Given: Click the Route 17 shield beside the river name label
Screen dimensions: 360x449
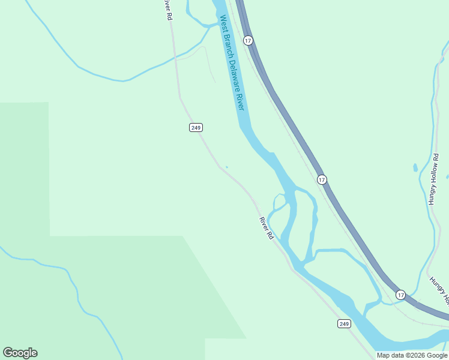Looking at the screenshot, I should click(x=248, y=40).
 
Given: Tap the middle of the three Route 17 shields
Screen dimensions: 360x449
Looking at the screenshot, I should click(x=322, y=179).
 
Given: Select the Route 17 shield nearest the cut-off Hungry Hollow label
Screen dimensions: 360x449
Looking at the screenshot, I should click(x=400, y=295).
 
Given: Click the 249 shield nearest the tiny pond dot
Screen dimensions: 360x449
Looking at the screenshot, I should click(x=196, y=127).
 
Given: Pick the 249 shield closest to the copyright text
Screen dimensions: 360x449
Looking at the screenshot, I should click(x=343, y=324).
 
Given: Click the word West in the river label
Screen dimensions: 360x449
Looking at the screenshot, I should click(x=224, y=25).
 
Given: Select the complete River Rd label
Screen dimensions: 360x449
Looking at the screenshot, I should click(x=267, y=229).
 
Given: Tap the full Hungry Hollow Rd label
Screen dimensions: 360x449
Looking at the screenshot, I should click(x=434, y=179).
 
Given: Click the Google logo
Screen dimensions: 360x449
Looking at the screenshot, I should click(x=20, y=353).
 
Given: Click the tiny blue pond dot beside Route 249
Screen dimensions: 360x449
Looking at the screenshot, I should click(x=226, y=167).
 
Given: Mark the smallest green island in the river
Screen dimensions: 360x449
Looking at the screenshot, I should click(x=279, y=201).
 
